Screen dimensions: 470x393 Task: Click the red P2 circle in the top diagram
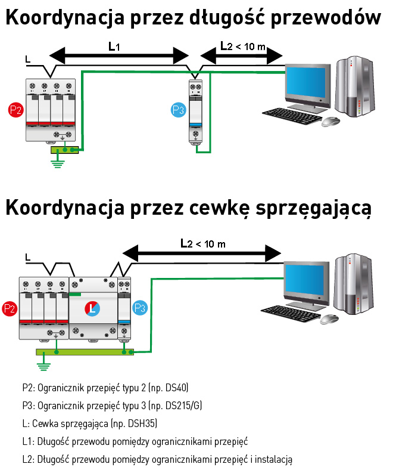[16, 110]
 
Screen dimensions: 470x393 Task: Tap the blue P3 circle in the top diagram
[178, 110]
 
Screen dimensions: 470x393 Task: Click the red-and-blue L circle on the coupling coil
[92, 308]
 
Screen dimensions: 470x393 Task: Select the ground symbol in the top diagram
[58, 162]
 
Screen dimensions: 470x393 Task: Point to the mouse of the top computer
[330, 121]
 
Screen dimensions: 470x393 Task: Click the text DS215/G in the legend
[183, 406]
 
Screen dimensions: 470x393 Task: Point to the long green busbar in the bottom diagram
[83, 352]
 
